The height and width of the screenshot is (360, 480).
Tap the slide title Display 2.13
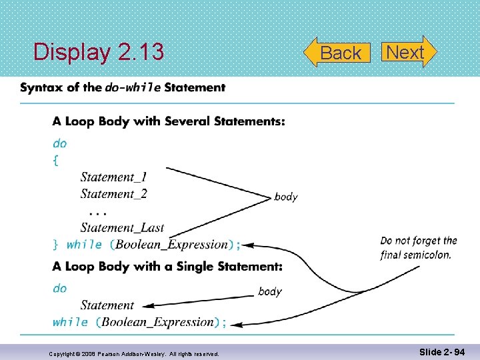(x=99, y=52)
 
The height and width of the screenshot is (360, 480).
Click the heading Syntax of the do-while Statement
(x=123, y=87)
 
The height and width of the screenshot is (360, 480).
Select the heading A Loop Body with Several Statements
(x=169, y=121)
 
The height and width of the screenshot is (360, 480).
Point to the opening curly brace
(x=55, y=160)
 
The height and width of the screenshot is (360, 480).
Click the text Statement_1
(x=113, y=177)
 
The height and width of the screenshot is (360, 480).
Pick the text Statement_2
(x=113, y=194)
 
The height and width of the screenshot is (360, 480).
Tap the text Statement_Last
(x=122, y=228)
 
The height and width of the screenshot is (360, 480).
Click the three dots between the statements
(x=97, y=211)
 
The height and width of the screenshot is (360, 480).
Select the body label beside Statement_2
(x=286, y=197)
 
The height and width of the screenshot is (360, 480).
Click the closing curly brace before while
(x=56, y=245)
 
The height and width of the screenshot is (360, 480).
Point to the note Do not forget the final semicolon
(x=418, y=247)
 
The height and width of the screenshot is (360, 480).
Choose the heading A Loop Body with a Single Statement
(x=167, y=266)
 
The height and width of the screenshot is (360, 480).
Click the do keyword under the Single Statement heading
(x=60, y=288)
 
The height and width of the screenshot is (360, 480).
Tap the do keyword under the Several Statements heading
(x=60, y=143)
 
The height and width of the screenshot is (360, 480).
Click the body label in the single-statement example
(x=270, y=291)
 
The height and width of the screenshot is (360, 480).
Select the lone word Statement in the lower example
(x=107, y=305)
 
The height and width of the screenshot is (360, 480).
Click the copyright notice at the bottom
(x=134, y=353)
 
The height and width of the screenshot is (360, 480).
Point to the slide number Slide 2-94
(x=442, y=351)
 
